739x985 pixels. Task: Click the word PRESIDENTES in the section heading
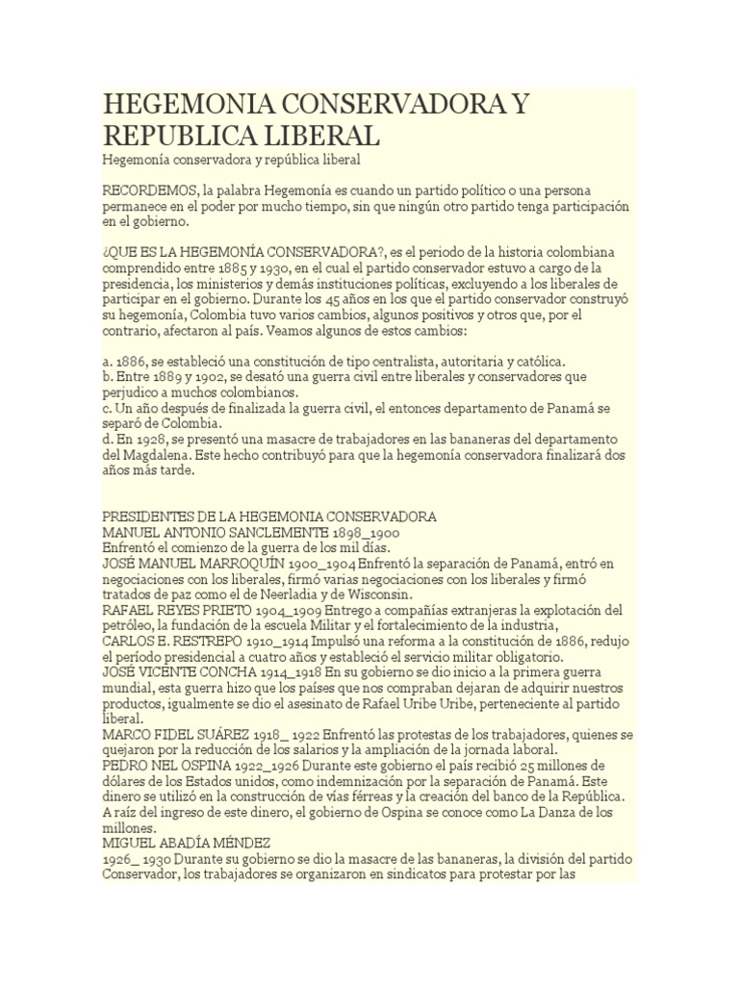(x=150, y=517)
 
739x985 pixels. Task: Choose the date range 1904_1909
(x=289, y=611)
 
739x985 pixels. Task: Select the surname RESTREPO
(x=195, y=641)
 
